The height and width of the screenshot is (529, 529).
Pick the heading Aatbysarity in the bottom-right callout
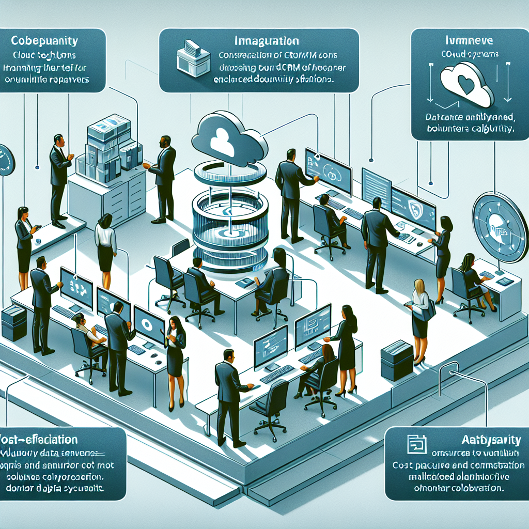[x=489, y=440]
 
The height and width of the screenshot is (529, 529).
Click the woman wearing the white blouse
[x=106, y=248]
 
